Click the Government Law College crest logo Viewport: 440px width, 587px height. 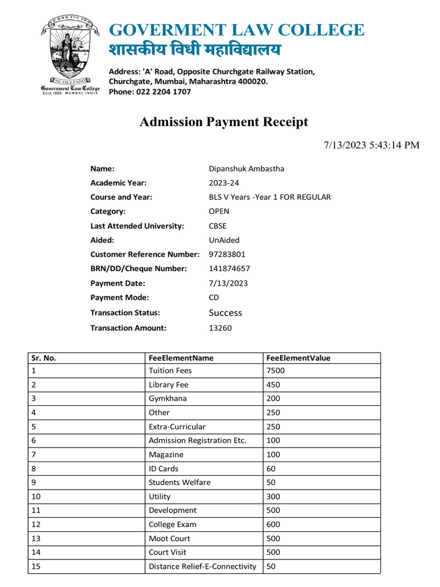(x=69, y=55)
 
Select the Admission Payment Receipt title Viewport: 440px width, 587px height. (x=224, y=122)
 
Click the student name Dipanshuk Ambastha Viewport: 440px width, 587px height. (x=246, y=169)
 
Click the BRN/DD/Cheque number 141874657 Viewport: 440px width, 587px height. (x=230, y=268)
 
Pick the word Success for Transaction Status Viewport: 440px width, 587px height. (x=226, y=312)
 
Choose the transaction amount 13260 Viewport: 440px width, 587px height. (x=221, y=328)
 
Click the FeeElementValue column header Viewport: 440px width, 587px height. (x=298, y=358)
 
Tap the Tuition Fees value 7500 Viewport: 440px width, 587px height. (x=276, y=370)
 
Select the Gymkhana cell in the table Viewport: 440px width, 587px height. (x=168, y=398)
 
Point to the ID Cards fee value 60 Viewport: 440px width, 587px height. (x=271, y=468)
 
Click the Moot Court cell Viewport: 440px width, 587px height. (x=170, y=538)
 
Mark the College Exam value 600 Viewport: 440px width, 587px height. (x=273, y=525)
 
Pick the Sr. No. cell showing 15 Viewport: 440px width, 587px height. (x=36, y=566)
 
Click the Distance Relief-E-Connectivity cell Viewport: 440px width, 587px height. (x=202, y=566)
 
